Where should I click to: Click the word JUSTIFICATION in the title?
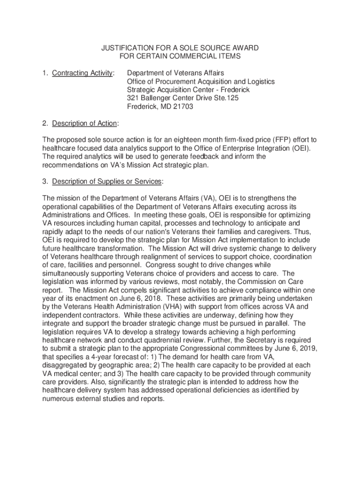pyautogui.click(x=123, y=48)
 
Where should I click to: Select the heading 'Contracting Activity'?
pyautogui.click(x=82, y=73)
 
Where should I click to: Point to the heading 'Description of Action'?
pyautogui.click(x=84, y=123)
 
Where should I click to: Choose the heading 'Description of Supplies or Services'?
pyautogui.click(x=107, y=181)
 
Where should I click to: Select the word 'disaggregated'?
pyautogui.click(x=65, y=365)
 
